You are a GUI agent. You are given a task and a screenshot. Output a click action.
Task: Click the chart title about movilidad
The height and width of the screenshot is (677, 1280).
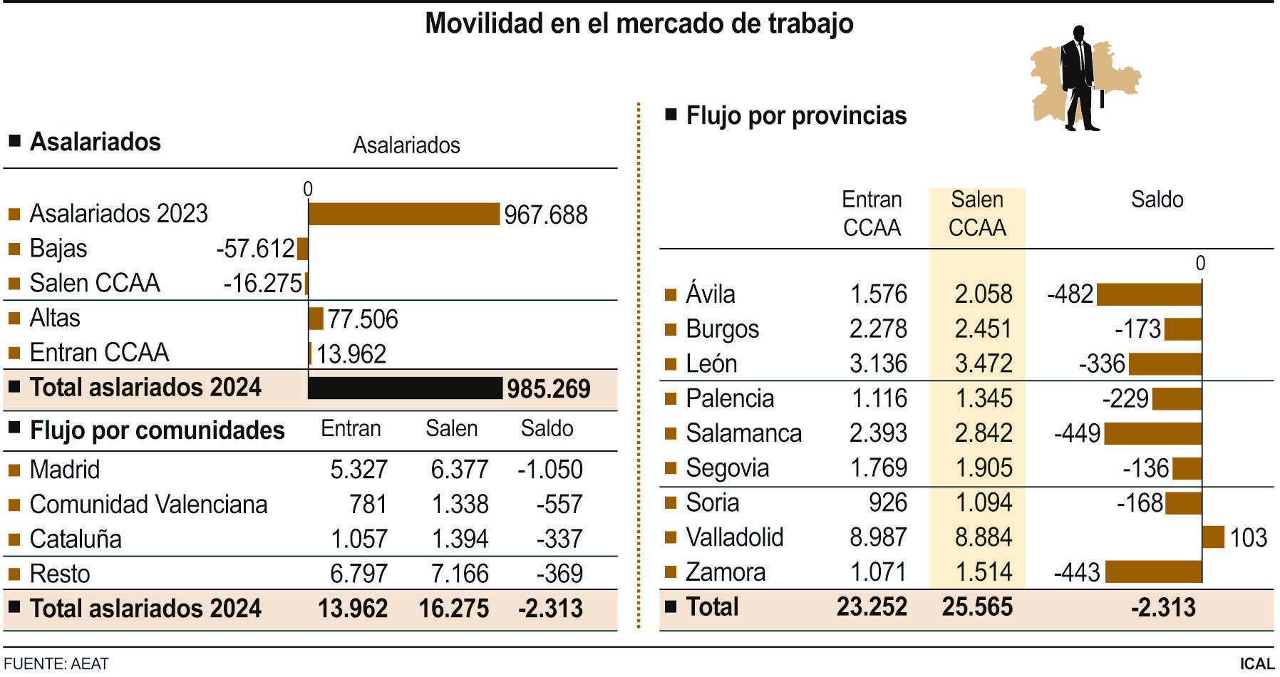[x=639, y=24]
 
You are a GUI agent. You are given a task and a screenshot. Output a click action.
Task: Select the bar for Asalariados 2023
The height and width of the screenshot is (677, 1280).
[x=403, y=214]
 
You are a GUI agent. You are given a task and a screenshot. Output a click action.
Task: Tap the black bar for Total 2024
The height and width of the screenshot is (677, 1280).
[x=405, y=388]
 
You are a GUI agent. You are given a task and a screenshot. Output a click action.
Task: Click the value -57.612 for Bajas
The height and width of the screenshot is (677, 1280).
[x=255, y=249]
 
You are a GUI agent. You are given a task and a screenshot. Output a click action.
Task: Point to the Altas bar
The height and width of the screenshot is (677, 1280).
[x=316, y=319]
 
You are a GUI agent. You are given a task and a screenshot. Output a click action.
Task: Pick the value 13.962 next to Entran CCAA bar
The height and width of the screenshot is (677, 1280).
[x=351, y=354]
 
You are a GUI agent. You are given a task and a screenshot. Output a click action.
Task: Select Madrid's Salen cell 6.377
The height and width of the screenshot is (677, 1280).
[x=460, y=470]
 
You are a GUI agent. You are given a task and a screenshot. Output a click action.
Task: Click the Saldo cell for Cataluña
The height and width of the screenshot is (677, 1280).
[x=559, y=539]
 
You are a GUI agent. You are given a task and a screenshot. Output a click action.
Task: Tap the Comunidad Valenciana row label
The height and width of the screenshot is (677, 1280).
[x=148, y=505]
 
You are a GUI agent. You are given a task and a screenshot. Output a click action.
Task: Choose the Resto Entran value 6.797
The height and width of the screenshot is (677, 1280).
[x=358, y=574]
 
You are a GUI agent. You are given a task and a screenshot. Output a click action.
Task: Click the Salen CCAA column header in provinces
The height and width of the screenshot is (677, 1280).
[x=977, y=213]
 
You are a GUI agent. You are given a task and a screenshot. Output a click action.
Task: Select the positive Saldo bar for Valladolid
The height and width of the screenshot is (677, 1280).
[x=1213, y=537]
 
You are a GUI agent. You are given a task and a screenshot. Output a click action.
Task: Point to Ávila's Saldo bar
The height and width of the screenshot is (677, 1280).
[x=1149, y=294]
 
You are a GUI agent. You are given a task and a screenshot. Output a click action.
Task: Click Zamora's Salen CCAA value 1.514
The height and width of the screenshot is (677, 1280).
[x=984, y=572]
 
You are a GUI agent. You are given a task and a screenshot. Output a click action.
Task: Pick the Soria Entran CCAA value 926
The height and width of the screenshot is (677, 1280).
[x=887, y=503]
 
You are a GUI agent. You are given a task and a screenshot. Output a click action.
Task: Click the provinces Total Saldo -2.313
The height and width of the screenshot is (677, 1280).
[x=1163, y=607]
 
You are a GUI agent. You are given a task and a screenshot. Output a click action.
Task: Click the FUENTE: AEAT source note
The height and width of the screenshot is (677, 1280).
[x=56, y=664]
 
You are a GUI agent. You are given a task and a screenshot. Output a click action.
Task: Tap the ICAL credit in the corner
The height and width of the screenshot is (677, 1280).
[x=1256, y=664]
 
